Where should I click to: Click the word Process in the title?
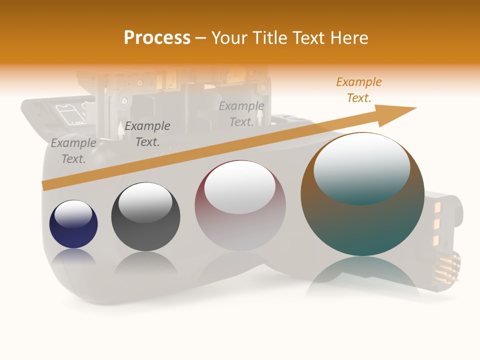coord(157,38)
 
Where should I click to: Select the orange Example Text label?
coord(358,90)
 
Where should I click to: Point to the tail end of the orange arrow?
coord(46,185)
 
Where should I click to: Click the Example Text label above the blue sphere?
coord(73,151)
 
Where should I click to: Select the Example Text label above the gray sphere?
coord(147,134)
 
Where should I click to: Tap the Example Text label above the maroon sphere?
coord(241,114)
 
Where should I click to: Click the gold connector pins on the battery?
coord(447,267)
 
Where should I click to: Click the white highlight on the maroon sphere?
coord(240,187)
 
